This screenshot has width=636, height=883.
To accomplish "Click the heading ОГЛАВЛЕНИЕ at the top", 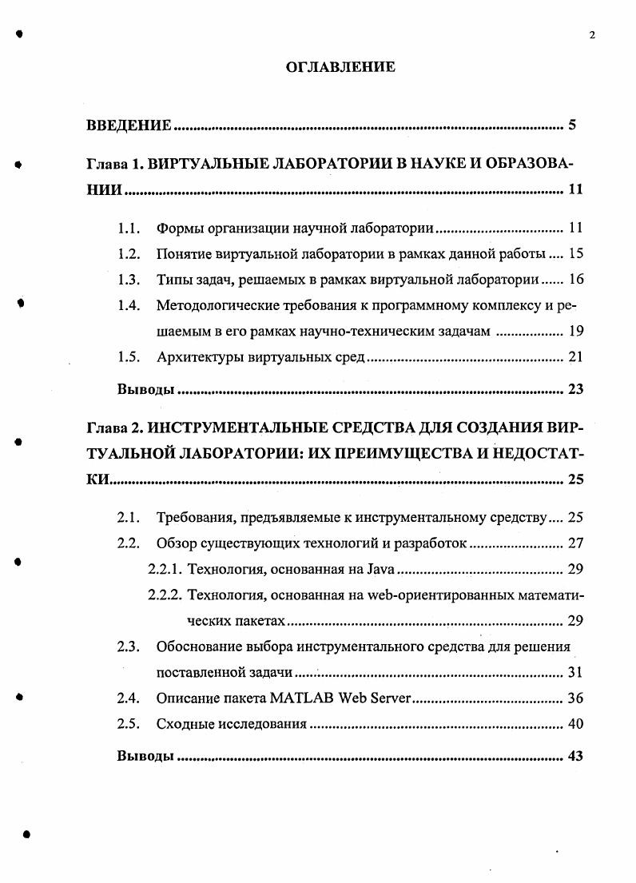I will (x=340, y=67).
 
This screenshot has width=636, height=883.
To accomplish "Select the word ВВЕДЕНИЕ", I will (x=129, y=125).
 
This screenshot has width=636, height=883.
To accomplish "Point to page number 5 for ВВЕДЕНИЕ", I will (x=572, y=125).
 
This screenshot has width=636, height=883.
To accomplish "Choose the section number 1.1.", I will (x=129, y=229).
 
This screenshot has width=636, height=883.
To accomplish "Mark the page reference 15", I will (x=575, y=254).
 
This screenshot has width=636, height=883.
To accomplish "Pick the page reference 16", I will (x=575, y=280).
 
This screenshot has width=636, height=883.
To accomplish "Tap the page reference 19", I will (x=575, y=331).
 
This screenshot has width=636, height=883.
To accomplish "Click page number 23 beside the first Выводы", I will (x=575, y=389).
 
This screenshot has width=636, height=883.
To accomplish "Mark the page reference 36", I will (x=575, y=698).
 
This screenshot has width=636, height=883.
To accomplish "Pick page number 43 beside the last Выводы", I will (x=575, y=756).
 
